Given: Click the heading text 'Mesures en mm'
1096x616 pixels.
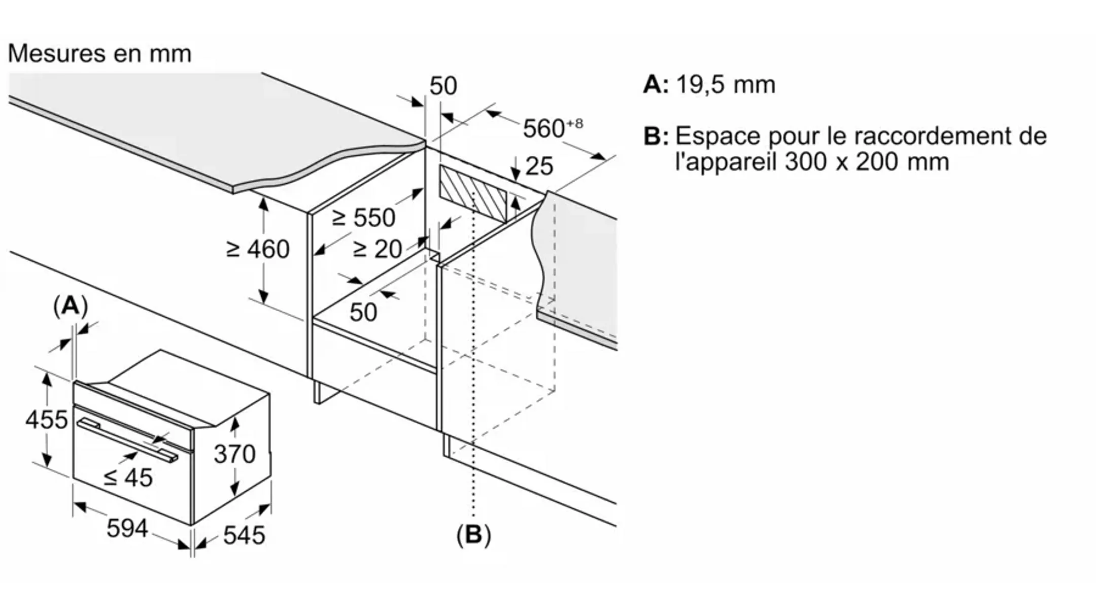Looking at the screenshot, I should (x=99, y=53).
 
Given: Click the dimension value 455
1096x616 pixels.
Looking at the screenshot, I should (x=46, y=420).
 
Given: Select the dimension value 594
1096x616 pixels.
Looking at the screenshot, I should (x=127, y=528).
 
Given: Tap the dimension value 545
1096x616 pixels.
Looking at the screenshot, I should (x=244, y=535).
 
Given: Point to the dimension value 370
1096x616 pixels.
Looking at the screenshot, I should (x=234, y=454).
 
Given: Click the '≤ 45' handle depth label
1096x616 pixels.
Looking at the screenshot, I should (x=128, y=477).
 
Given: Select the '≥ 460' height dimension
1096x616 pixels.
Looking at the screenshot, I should (x=258, y=249).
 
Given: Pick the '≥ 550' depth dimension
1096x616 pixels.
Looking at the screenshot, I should (x=363, y=218).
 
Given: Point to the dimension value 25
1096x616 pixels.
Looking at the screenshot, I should (x=539, y=166).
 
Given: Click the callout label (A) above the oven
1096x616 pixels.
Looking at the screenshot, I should (x=70, y=306).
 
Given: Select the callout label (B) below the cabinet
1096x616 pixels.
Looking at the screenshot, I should (x=473, y=535).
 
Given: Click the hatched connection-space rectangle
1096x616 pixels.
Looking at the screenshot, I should (x=473, y=195).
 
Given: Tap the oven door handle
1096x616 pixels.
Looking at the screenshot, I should (x=127, y=439).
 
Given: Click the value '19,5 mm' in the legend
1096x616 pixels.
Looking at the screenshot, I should (x=726, y=84).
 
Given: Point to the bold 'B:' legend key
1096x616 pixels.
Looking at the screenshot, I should (x=655, y=136).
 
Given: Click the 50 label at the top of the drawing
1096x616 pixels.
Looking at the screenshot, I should (x=443, y=86).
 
